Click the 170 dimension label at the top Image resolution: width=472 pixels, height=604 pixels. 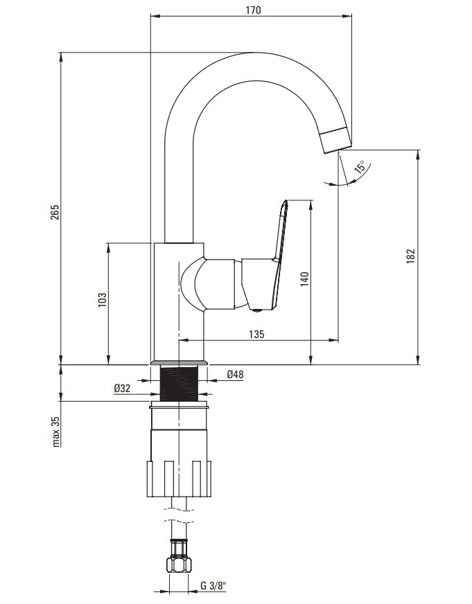(253, 10)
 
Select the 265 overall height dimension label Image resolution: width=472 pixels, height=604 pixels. (55, 212)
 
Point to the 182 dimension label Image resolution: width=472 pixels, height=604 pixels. (411, 256)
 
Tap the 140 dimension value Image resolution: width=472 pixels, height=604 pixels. (305, 279)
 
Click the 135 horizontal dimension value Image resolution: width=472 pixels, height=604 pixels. (256, 334)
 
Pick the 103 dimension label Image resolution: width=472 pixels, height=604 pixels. (102, 300)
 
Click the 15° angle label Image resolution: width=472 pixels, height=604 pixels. (360, 167)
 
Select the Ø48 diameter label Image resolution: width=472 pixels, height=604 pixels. (235, 374)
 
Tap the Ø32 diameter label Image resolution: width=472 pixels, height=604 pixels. (122, 389)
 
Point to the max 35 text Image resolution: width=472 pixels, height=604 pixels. (56, 432)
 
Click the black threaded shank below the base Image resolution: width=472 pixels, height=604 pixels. (180, 384)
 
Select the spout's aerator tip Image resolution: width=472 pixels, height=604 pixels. (336, 139)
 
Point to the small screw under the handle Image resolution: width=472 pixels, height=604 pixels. (256, 310)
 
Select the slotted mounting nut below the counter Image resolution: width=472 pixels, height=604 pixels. (180, 479)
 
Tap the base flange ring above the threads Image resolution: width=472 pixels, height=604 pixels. (180, 363)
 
